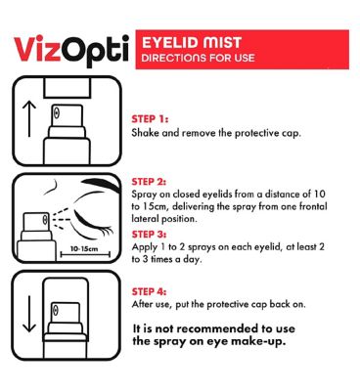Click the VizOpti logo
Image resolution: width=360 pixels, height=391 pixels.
click(x=70, y=51)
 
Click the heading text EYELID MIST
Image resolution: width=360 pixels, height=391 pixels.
click(x=192, y=43)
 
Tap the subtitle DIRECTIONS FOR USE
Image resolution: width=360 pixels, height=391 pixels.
click(x=198, y=58)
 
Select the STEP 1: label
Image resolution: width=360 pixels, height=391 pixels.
click(x=150, y=119)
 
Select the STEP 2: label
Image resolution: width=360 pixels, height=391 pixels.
click(x=149, y=182)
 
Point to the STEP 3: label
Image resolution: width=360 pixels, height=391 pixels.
click(x=149, y=235)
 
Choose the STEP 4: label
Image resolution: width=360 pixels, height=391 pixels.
click(x=149, y=291)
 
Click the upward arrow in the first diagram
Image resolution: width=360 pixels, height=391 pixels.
click(x=29, y=118)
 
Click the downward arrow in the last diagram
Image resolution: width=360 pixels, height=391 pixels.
click(x=29, y=314)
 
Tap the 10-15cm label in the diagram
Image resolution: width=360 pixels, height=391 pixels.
click(x=84, y=249)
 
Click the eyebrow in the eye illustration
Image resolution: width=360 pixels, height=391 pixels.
click(x=101, y=185)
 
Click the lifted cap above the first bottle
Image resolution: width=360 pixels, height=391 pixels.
click(x=67, y=88)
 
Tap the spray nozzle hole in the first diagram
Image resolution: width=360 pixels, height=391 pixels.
click(x=57, y=113)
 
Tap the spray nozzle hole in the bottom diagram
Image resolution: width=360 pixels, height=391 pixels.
click(x=56, y=309)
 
